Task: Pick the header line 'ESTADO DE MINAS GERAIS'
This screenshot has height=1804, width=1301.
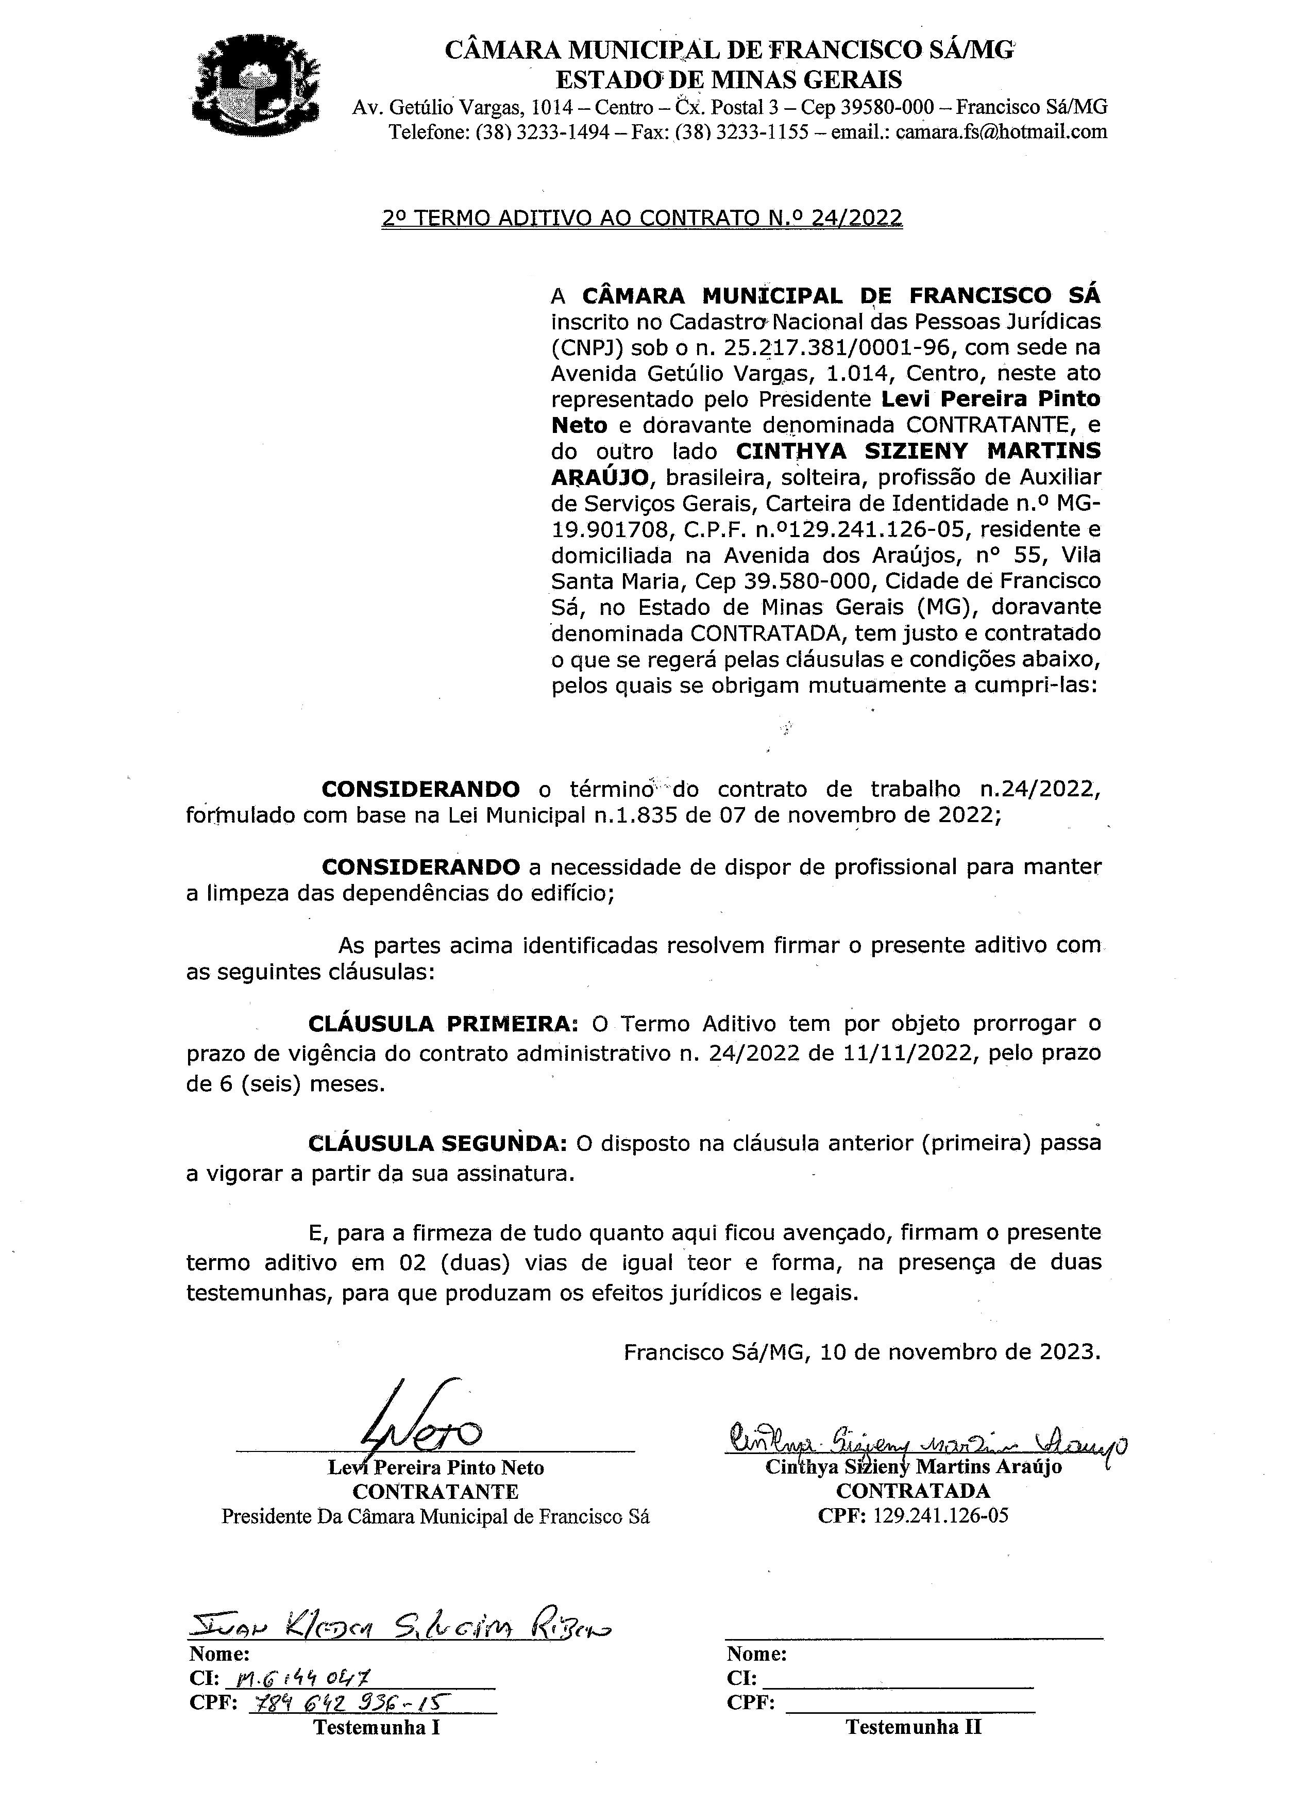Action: click(x=729, y=79)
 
